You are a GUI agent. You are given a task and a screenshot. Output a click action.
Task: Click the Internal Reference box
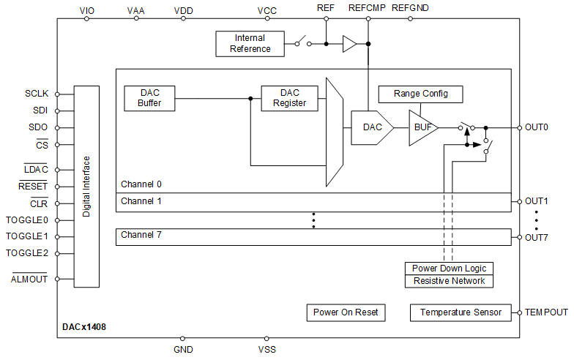point(250,44)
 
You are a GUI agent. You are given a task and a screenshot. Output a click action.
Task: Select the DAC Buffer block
point(149,98)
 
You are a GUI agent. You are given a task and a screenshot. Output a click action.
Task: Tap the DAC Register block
point(290,98)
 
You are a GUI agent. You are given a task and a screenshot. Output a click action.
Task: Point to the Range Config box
point(420,94)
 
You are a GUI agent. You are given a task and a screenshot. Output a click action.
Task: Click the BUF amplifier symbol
point(422,127)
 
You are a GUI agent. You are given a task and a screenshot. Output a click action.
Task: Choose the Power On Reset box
point(346,312)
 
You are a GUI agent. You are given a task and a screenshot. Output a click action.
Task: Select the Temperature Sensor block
point(461,312)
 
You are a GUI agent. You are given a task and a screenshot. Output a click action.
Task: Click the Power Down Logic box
point(449,269)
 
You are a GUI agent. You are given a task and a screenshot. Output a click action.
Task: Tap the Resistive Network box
point(449,281)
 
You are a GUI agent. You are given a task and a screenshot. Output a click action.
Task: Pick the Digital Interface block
point(86,187)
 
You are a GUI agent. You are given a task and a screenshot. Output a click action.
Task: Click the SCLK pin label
point(37,94)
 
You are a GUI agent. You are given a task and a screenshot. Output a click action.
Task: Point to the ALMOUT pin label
point(29,279)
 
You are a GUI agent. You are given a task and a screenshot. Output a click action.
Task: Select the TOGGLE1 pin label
point(27,236)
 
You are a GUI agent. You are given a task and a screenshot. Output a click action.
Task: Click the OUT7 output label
point(537,237)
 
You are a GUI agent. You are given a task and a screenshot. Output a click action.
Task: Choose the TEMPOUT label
point(545,312)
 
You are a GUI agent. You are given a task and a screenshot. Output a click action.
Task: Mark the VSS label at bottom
point(267,350)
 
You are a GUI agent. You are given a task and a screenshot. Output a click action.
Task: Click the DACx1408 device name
point(84,326)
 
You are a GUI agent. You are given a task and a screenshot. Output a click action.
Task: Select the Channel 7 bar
point(313,237)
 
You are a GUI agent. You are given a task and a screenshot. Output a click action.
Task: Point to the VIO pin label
point(86,10)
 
